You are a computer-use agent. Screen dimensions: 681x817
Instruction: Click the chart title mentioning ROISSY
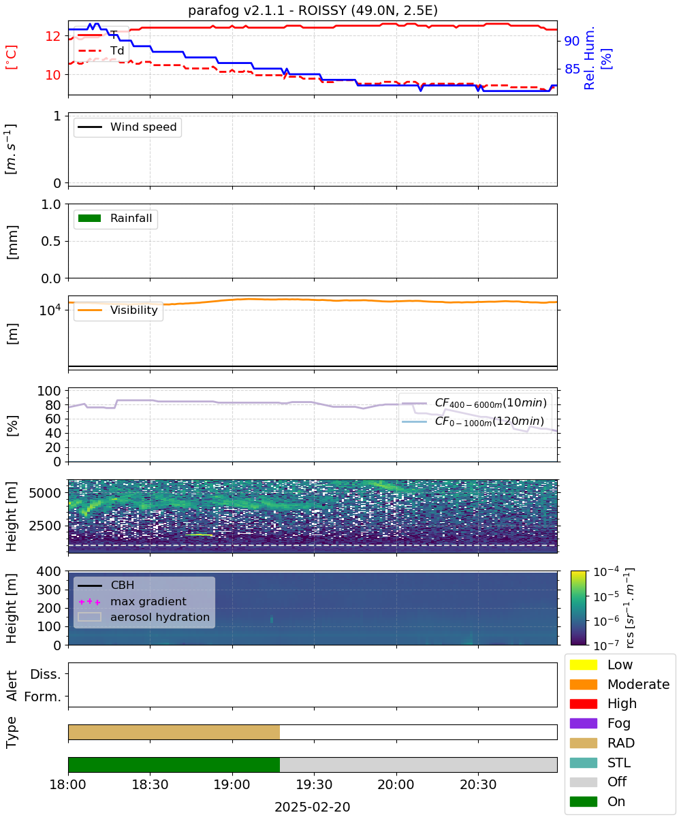(x=313, y=10)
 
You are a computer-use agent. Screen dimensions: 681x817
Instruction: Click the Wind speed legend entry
(x=127, y=127)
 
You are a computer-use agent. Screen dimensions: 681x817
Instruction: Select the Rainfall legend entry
(x=115, y=218)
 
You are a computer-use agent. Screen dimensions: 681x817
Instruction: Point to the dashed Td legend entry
(x=101, y=50)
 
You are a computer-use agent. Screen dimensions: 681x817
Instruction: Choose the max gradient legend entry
(x=132, y=601)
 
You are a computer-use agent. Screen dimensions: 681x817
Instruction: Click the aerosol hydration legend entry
(x=144, y=617)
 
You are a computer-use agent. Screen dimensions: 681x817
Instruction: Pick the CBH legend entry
(x=106, y=585)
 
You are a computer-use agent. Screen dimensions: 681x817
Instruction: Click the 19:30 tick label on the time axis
(x=314, y=784)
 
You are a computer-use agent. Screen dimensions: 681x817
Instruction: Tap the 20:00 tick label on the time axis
(x=396, y=784)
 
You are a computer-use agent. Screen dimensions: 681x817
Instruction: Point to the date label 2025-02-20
(x=313, y=807)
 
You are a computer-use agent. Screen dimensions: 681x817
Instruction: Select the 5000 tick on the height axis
(x=44, y=493)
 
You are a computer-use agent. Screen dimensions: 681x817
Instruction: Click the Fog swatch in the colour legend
(x=583, y=724)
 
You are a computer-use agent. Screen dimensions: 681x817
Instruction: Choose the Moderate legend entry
(x=620, y=684)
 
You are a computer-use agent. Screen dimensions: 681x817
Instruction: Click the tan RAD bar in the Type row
(x=174, y=732)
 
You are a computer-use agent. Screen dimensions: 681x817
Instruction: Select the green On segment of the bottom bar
(x=174, y=765)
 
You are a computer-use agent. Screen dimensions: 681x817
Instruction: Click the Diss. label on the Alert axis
(x=46, y=674)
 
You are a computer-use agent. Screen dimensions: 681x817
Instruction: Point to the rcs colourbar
(x=578, y=608)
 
